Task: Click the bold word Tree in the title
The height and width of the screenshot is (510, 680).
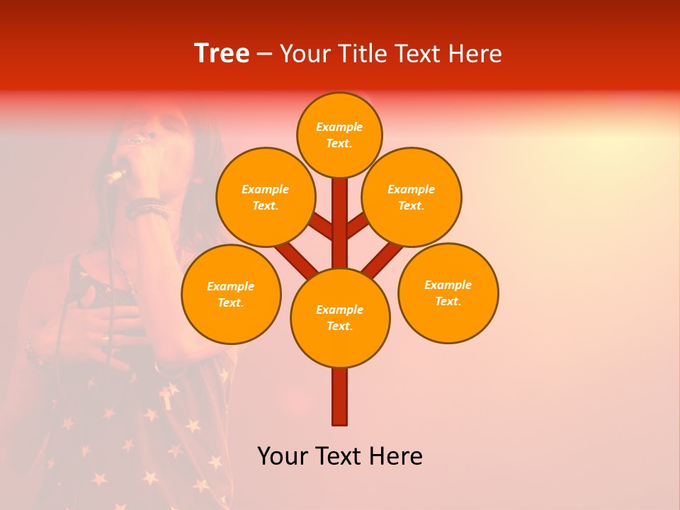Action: click(x=222, y=54)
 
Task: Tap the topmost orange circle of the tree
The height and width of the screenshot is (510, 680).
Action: click(x=339, y=135)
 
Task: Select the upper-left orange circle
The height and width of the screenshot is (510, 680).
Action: click(x=266, y=197)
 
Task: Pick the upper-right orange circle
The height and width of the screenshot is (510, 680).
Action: click(x=412, y=197)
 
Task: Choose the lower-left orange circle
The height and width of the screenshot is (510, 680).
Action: click(x=231, y=294)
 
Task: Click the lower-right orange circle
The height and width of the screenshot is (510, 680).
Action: click(x=448, y=293)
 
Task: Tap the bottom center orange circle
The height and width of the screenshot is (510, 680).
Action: click(x=340, y=317)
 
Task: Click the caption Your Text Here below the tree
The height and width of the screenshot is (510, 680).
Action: click(x=340, y=456)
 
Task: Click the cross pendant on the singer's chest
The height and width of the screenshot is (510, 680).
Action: click(x=166, y=396)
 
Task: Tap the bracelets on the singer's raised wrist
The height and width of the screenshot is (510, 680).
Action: click(x=147, y=208)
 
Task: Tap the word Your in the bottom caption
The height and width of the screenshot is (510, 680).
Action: click(x=283, y=456)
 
